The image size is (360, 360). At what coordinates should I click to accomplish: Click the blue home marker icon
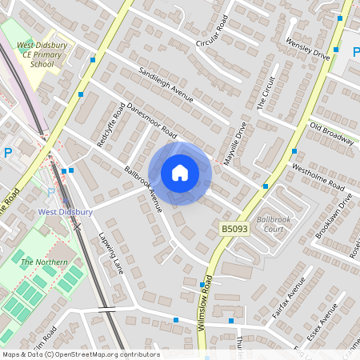point(180,173)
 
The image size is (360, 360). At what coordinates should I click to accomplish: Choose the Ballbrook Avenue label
point(144,189)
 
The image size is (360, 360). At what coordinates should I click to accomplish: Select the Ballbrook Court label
point(270,223)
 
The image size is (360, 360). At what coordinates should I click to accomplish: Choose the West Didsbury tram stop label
point(66,212)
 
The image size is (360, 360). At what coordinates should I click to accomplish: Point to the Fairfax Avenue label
point(289,298)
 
